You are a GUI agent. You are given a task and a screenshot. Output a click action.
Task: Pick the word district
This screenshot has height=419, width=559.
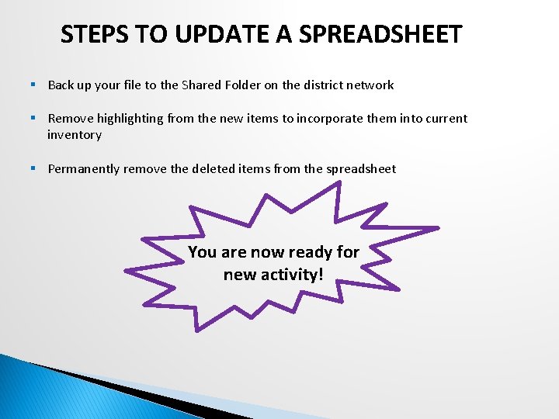325,85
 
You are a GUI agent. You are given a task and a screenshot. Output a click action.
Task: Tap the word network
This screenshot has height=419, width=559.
371,85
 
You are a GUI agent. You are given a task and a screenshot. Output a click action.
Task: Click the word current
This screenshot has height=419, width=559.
445,119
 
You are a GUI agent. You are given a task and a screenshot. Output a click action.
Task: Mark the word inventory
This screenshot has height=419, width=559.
75,135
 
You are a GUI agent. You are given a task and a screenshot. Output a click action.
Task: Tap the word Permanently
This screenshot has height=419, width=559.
82,169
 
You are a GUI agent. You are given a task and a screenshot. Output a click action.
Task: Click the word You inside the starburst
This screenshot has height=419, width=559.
202,252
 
